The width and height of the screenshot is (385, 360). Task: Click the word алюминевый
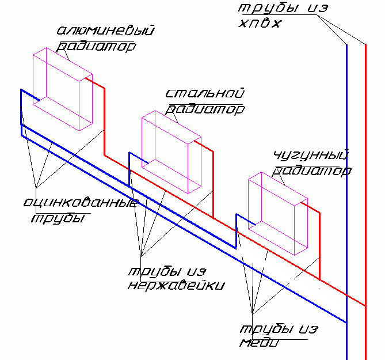pyautogui.click(x=105, y=30)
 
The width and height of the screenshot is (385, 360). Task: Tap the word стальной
pyautogui.click(x=205, y=93)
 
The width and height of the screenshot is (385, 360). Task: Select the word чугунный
pyautogui.click(x=311, y=156)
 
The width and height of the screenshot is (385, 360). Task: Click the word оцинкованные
pyautogui.click(x=81, y=202)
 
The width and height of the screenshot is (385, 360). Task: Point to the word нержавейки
pyautogui.click(x=176, y=285)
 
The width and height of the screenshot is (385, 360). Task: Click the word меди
pyautogui.click(x=260, y=342)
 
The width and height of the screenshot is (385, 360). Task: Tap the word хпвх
pyautogui.click(x=260, y=24)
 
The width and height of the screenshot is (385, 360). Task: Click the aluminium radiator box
pyautogui.click(x=63, y=89)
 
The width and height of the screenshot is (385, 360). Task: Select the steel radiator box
pyautogui.click(x=171, y=152)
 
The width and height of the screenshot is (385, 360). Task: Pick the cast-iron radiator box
pyautogui.click(x=278, y=214)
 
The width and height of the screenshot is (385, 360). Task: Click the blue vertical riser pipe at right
pyautogui.click(x=346, y=202)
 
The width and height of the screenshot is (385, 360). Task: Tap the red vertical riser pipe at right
pyautogui.click(x=365, y=202)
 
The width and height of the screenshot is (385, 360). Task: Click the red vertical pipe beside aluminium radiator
pyautogui.click(x=105, y=122)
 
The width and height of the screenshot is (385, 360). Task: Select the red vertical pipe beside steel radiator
pyautogui.click(x=213, y=185)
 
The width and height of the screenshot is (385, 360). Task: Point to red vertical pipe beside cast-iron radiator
pyautogui.click(x=320, y=246)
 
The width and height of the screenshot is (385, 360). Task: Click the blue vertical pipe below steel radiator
pyautogui.click(x=129, y=169)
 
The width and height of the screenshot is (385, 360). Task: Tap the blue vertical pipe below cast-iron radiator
pyautogui.click(x=236, y=231)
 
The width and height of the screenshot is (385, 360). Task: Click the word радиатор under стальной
pyautogui.click(x=205, y=109)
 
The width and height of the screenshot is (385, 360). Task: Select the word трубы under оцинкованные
pyautogui.click(x=58, y=218)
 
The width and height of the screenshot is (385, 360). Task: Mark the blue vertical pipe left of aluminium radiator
pyautogui.click(x=21, y=112)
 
